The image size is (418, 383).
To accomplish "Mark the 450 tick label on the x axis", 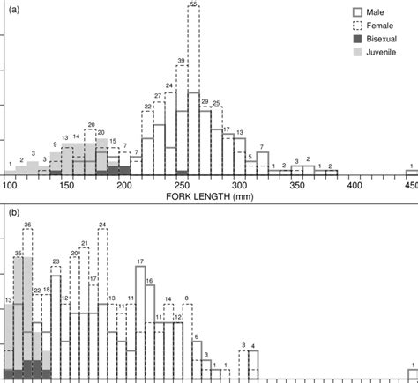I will (x=409, y=186).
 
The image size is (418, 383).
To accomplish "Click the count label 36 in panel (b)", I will (x=27, y=225).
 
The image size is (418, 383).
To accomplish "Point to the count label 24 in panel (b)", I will (x=102, y=225).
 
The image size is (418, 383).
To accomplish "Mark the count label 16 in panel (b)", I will (x=149, y=281).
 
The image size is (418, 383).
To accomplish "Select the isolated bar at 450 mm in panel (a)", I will (x=411, y=173).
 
